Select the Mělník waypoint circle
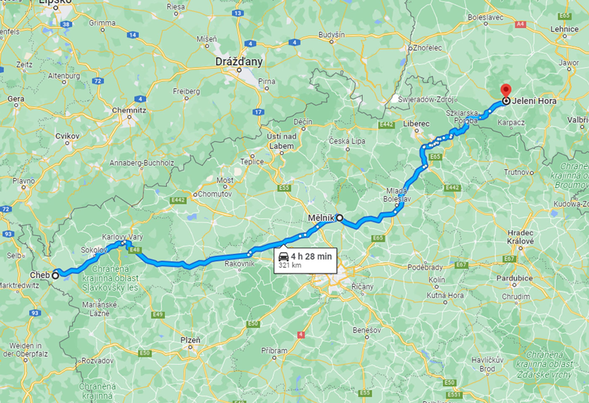(x=340, y=217)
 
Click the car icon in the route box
(x=283, y=257)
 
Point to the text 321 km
(x=290, y=265)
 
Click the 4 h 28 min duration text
(x=311, y=256)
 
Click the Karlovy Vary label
(x=122, y=237)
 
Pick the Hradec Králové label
(x=520, y=237)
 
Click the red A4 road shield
(x=520, y=24)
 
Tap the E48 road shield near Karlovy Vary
(x=134, y=250)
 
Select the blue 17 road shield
(x=258, y=112)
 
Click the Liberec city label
(x=416, y=124)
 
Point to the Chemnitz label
(x=129, y=110)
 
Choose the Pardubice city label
(x=514, y=278)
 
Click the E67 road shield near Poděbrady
(x=509, y=259)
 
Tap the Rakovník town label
(x=239, y=264)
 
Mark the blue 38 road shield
(x=66, y=24)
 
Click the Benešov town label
(x=367, y=330)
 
